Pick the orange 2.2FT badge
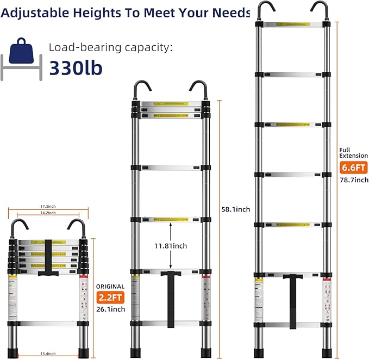111,297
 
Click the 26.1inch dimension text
111,309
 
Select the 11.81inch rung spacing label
171,246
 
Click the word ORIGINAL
110,287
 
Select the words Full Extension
353,152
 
